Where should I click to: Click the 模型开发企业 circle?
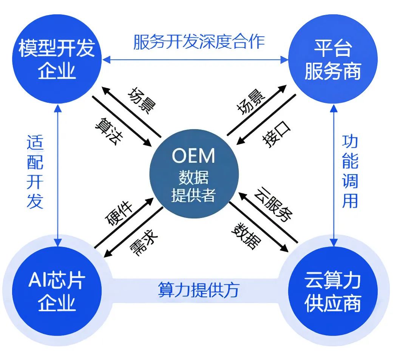(57, 59)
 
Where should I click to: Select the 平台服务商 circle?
(332, 59)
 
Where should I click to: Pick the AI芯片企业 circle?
(57, 292)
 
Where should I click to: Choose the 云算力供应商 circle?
(332, 292)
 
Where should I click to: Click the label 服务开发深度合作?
(199, 42)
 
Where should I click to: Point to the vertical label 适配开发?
(35, 172)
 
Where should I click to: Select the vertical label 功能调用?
(350, 172)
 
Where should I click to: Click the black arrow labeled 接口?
(266, 119)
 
